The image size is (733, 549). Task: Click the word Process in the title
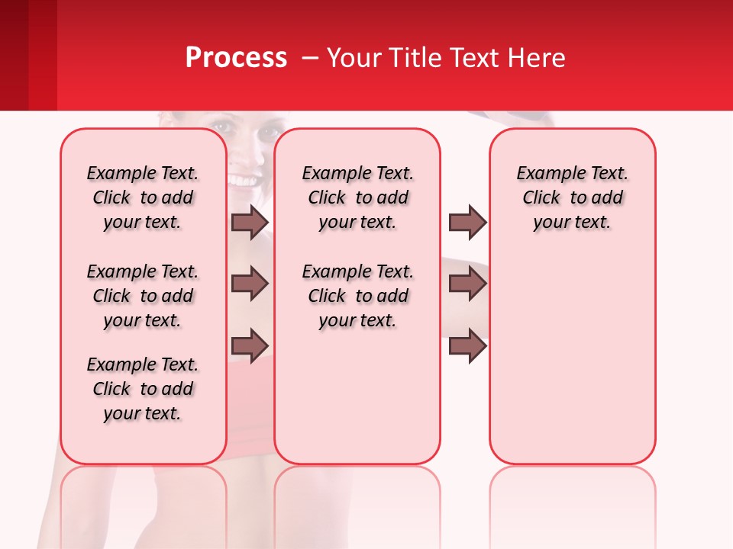click(235, 58)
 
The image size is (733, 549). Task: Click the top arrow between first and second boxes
click(249, 222)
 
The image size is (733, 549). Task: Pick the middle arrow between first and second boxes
click(249, 284)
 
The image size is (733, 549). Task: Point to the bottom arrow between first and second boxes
click(249, 345)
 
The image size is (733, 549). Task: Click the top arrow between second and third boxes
click(467, 222)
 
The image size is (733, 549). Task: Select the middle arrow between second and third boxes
click(467, 284)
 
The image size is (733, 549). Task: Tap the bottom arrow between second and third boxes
click(467, 345)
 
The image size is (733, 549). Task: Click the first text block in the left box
click(143, 197)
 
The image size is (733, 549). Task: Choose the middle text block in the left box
click(143, 296)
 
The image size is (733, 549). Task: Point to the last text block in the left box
click(143, 389)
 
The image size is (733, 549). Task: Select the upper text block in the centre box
click(357, 197)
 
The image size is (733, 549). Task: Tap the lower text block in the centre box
click(357, 296)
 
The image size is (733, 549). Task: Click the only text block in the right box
click(572, 197)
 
